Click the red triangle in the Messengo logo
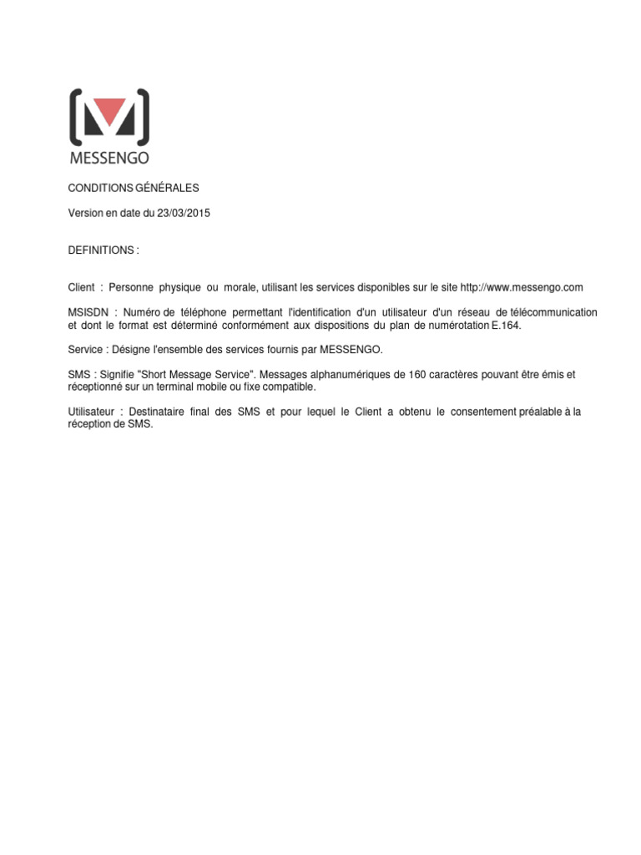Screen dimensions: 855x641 [109, 109]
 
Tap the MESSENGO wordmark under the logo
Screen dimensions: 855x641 [109, 157]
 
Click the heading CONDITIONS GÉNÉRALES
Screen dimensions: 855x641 [134, 188]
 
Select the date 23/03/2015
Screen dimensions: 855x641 [184, 213]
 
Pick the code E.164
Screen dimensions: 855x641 [506, 326]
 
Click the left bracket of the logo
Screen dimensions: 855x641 [76, 115]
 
